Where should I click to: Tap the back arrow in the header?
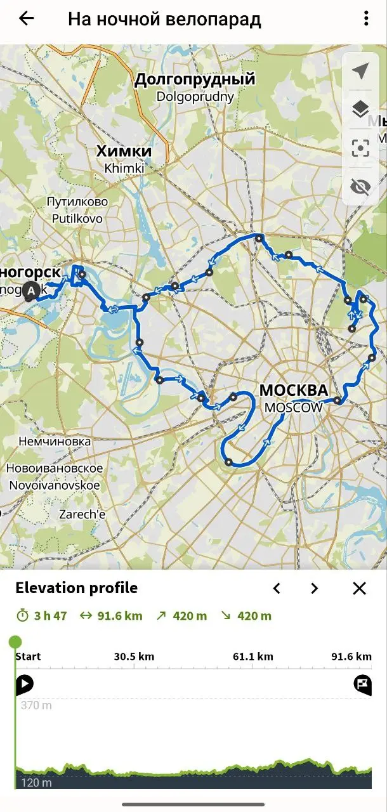pos(26,18)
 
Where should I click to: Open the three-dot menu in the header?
pos(366,18)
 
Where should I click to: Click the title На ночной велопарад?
pos(164,19)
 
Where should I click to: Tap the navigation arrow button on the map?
pos(360,71)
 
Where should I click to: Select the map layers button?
pos(360,110)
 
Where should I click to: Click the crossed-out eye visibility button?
pos(360,187)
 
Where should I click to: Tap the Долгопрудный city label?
pos(195,79)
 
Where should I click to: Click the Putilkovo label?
pos(77,219)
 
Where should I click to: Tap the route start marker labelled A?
pos(31,291)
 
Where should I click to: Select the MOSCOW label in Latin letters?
pos(294,407)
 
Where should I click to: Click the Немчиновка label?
pos(55,441)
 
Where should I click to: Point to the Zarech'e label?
pos(82,514)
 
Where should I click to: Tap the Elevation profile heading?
pos(76,588)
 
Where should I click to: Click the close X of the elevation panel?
pos(359,588)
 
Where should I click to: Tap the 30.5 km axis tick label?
pos(134,657)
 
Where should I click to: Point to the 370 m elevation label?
pos(36,705)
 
